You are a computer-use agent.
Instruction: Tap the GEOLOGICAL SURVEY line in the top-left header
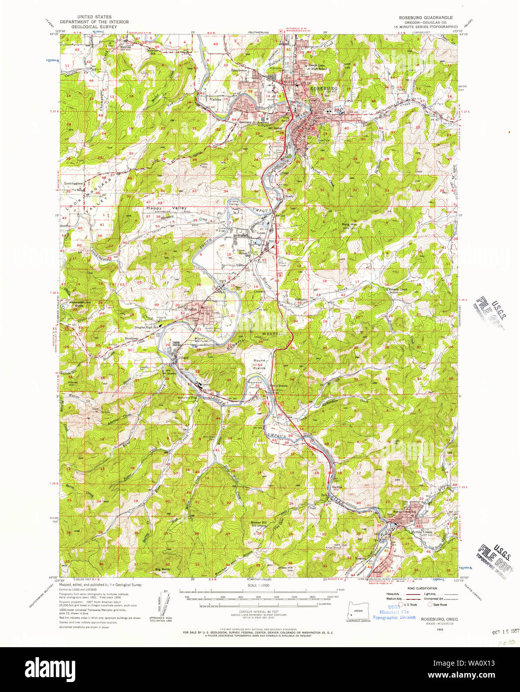point(94,27)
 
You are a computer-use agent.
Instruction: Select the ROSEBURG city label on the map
point(324,88)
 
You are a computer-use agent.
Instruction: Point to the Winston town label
point(191,309)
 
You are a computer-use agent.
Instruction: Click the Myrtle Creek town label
point(421,532)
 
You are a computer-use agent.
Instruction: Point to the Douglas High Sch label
point(146,327)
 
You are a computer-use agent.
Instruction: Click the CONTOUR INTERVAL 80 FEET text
point(259,611)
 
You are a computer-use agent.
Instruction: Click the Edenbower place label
point(239,70)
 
